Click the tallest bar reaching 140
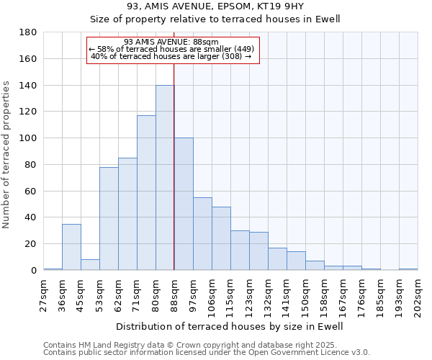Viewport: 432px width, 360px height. tap(165, 178)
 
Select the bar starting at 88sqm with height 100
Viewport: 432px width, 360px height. tap(184, 204)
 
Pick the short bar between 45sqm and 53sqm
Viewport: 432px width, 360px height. tap(90, 264)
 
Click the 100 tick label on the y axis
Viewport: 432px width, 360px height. tap(30, 138)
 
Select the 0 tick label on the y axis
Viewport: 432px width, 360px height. tap(34, 271)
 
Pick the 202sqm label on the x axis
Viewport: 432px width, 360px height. tap(418, 296)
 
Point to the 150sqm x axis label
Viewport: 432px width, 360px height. tap(306, 296)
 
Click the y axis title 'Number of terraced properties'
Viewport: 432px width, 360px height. tap(7, 155)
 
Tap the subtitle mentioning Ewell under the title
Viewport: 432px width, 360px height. tap(215, 19)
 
